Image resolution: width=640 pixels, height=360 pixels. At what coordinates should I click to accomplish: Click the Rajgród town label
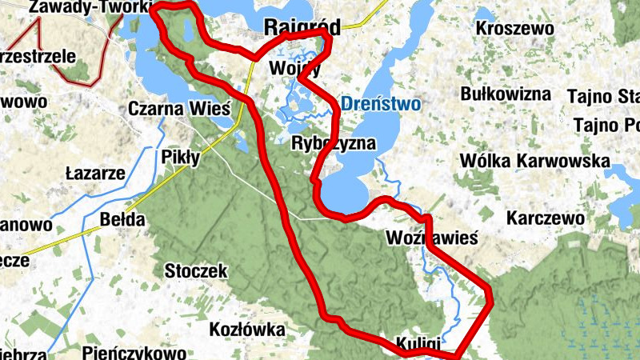(302, 27)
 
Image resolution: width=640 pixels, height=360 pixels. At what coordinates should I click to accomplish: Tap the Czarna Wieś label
(179, 108)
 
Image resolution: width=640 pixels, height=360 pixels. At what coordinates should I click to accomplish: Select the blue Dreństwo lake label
(380, 103)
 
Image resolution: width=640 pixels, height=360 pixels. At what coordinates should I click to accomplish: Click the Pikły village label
(181, 157)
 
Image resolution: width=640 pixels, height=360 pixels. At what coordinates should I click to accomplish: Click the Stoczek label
(196, 270)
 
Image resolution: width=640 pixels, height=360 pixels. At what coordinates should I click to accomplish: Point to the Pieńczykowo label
(134, 352)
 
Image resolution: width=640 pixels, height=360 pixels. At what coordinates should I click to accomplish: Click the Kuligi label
(417, 342)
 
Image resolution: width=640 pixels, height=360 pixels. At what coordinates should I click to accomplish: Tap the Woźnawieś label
(431, 238)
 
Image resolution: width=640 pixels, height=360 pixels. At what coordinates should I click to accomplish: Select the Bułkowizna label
(506, 94)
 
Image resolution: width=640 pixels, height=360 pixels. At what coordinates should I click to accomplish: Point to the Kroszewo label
(514, 28)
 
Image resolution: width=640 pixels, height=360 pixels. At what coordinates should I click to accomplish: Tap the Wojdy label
(295, 68)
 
